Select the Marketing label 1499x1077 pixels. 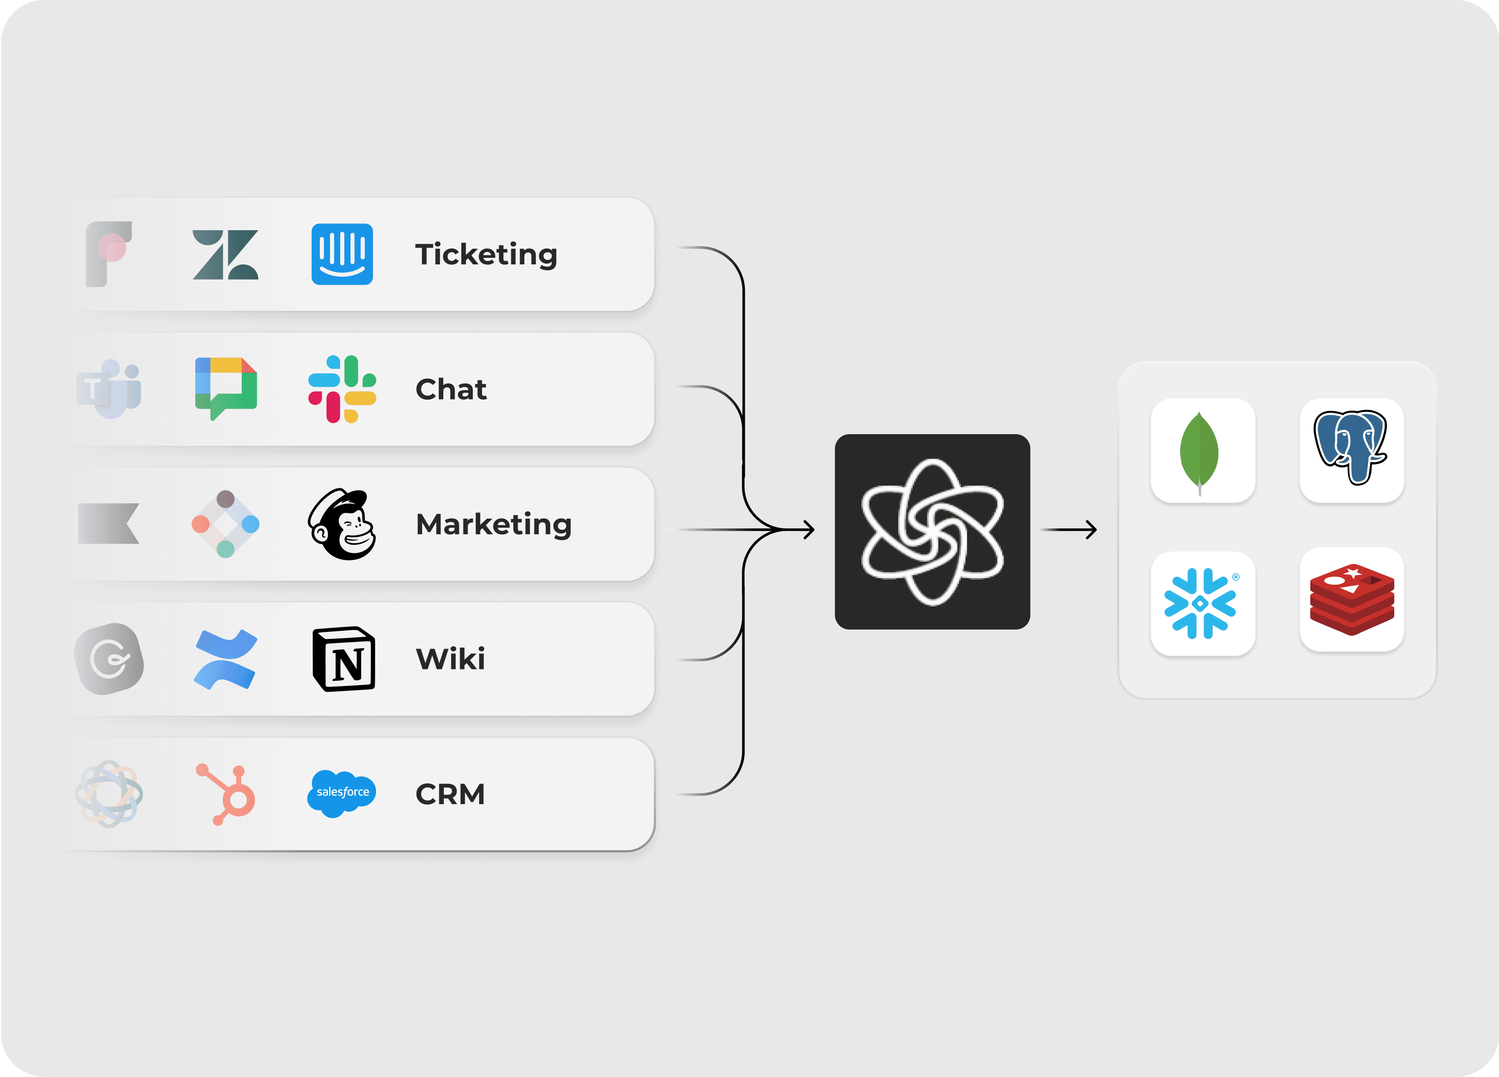pyautogui.click(x=493, y=525)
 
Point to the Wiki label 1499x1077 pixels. pyautogui.click(x=450, y=659)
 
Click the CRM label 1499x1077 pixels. pyautogui.click(x=450, y=794)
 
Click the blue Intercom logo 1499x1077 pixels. pyautogui.click(x=342, y=254)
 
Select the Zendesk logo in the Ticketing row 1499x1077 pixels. pyautogui.click(x=225, y=255)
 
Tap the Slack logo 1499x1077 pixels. pyautogui.click(x=342, y=389)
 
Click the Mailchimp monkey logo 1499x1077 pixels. pyautogui.click(x=342, y=525)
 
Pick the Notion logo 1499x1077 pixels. pyautogui.click(x=343, y=659)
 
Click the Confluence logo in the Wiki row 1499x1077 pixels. pyautogui.click(x=225, y=659)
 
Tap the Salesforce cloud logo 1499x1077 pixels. pyautogui.click(x=342, y=793)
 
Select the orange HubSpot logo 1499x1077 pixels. pyautogui.click(x=227, y=794)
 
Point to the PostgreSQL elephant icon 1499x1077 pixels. pyautogui.click(x=1351, y=449)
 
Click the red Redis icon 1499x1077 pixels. pyautogui.click(x=1352, y=600)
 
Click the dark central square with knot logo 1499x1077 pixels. pyautogui.click(x=932, y=532)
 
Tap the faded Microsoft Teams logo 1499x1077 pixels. pyautogui.click(x=109, y=389)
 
